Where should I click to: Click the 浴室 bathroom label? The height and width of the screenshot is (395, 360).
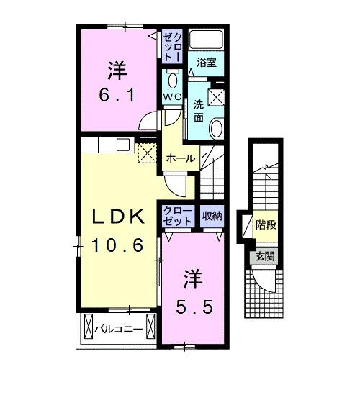pos(207,63)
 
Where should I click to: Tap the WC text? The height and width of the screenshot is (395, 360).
pos(174,96)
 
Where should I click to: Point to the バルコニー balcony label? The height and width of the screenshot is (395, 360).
pos(120,330)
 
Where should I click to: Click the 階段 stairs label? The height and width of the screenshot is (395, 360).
pos(266,224)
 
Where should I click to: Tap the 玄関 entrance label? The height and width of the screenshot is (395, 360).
pos(262,258)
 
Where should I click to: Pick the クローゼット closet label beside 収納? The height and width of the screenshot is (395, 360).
pos(178,215)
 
